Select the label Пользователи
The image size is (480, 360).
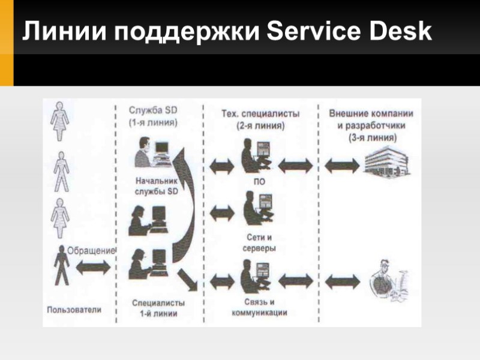pyautogui.click(x=74, y=310)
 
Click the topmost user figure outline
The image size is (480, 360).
pyautogui.click(x=60, y=121)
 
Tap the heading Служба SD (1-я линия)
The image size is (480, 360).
pyautogui.click(x=153, y=116)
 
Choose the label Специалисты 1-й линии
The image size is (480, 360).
pyautogui.click(x=158, y=307)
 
